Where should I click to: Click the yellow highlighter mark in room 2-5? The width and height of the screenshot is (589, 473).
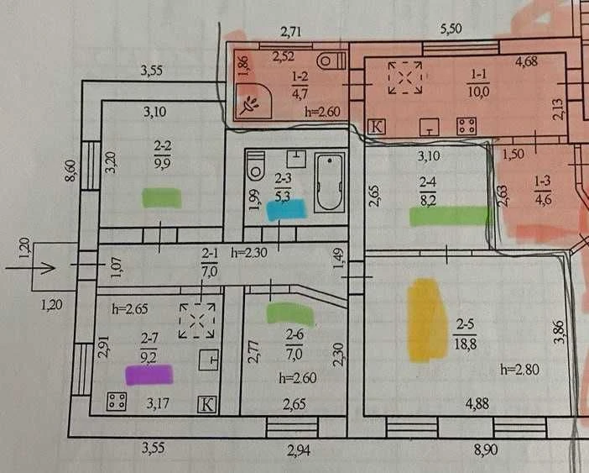point(426,321)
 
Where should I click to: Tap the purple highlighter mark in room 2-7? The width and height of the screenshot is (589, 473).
point(149,375)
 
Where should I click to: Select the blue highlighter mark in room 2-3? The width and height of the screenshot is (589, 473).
point(287,210)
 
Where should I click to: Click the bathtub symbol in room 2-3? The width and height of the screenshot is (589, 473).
point(330,182)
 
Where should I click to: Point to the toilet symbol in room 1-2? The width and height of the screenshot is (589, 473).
point(331,60)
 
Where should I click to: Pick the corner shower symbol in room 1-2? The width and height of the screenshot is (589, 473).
point(252,101)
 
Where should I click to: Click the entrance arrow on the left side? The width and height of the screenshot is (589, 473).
point(31,268)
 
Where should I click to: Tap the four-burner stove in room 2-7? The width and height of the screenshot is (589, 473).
point(117,402)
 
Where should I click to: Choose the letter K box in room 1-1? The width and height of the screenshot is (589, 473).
point(376,127)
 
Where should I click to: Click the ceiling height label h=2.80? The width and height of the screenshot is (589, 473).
point(520,370)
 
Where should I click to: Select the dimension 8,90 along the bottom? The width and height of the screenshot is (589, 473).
point(487,449)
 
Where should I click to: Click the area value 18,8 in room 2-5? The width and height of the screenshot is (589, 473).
point(465,344)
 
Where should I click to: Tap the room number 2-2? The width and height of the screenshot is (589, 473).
point(162,145)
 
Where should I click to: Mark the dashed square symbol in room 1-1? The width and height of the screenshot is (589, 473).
point(405,77)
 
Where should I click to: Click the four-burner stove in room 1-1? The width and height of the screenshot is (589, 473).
point(467,126)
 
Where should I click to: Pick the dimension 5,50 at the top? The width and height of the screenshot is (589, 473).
point(451,29)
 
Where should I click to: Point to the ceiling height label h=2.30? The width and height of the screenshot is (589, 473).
point(249,252)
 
